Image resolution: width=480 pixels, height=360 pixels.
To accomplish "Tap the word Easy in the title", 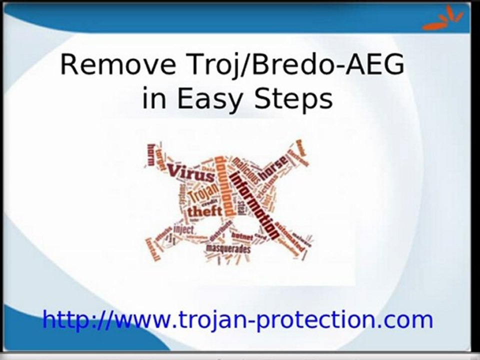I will click(x=210, y=98).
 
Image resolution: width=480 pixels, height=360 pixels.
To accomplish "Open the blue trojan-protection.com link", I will click(x=237, y=319).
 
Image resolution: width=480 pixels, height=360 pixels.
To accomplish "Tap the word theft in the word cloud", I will click(x=203, y=211).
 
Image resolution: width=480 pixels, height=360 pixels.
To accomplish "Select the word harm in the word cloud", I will click(x=151, y=154).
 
